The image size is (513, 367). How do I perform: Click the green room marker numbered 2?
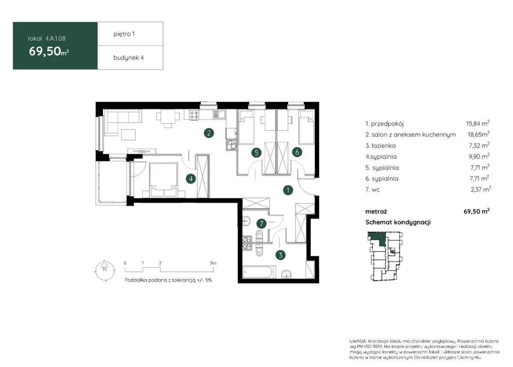(x=209, y=133)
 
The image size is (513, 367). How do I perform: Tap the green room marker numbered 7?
(x=261, y=224)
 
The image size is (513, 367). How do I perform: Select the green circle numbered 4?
(x=191, y=178)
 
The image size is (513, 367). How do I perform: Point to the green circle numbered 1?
(x=288, y=190)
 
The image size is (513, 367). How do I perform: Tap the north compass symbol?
(x=105, y=271)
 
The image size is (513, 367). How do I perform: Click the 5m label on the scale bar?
(x=213, y=263)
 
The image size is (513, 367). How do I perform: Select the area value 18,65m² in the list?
(x=478, y=134)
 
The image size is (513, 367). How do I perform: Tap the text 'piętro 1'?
(x=124, y=34)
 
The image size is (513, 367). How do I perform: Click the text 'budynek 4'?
(x=129, y=58)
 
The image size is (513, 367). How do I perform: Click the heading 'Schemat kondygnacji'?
(x=398, y=222)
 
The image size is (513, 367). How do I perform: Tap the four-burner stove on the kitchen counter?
(x=194, y=114)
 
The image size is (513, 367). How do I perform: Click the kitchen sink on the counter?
(x=219, y=114)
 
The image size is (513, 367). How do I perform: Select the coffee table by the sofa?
(x=128, y=134)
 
